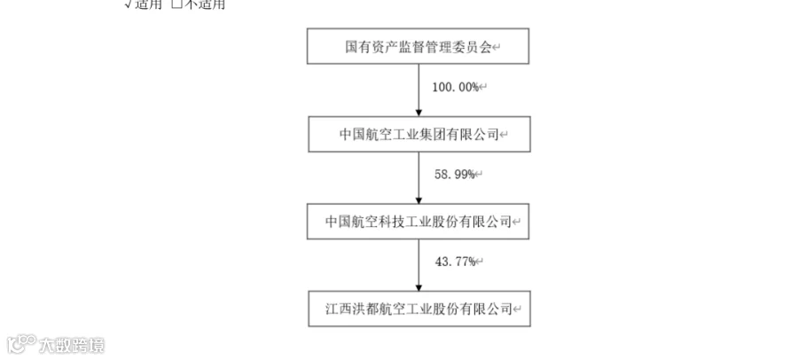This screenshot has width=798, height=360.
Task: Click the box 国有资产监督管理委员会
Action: click(x=418, y=46)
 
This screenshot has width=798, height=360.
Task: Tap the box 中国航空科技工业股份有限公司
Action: click(x=418, y=220)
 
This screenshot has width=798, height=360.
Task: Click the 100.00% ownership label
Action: click(x=457, y=88)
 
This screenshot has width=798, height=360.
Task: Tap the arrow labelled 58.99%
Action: click(x=419, y=176)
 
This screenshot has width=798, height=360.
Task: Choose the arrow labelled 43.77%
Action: click(x=419, y=263)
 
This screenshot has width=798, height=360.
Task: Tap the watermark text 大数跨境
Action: click(x=72, y=344)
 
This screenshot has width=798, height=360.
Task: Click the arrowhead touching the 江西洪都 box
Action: click(x=419, y=286)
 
